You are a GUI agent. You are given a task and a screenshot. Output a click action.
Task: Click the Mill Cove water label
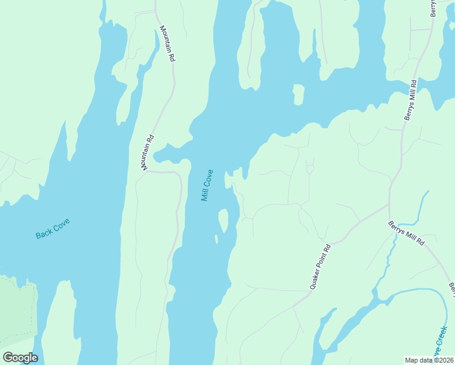[207, 185]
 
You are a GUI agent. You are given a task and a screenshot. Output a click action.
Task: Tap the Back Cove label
[53, 228]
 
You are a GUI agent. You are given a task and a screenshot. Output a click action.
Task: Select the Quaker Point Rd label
[320, 266]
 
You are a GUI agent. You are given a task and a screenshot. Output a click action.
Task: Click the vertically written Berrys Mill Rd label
[410, 100]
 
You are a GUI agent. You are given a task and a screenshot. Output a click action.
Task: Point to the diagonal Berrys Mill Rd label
[406, 234]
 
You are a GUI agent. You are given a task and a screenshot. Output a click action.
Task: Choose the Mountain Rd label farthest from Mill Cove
[167, 43]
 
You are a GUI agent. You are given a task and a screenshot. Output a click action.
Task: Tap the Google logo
[20, 358]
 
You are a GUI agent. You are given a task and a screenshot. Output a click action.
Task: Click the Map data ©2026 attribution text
[429, 360]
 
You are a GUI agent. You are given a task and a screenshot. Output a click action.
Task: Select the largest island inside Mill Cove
[223, 220]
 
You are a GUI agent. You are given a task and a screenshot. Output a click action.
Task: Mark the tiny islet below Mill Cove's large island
[216, 239]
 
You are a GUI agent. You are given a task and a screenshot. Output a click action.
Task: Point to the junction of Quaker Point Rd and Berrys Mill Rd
[389, 206]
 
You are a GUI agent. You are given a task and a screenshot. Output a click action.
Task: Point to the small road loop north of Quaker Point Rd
[309, 168]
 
